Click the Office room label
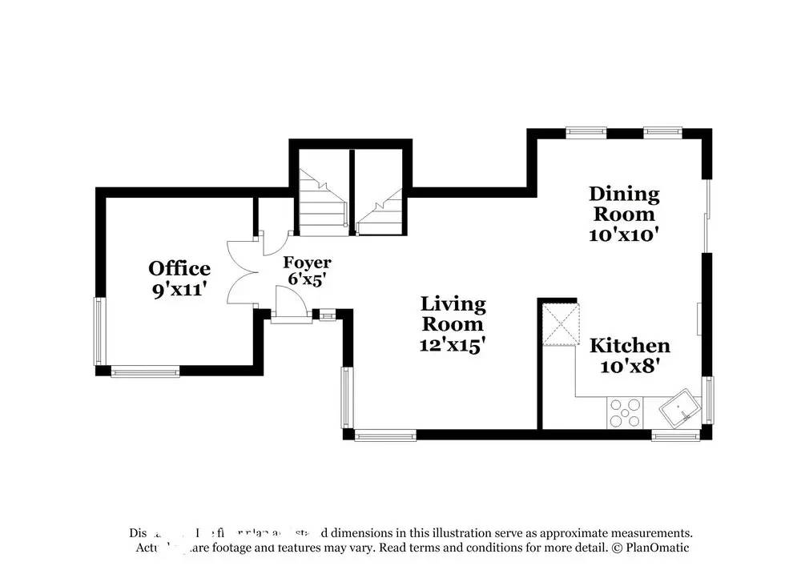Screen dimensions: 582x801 (x=179, y=268)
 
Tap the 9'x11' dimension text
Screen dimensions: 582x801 (x=180, y=289)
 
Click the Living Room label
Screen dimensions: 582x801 (x=453, y=314)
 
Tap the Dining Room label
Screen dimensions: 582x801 (x=624, y=203)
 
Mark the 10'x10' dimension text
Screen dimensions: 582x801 (x=624, y=235)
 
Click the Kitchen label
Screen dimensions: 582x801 (x=630, y=346)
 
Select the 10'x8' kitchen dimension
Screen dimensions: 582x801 (x=630, y=367)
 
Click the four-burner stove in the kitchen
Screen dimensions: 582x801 (x=625, y=413)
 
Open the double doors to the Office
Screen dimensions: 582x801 (x=243, y=272)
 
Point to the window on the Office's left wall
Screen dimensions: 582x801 (x=100, y=331)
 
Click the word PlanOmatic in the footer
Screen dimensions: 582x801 (x=656, y=548)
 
